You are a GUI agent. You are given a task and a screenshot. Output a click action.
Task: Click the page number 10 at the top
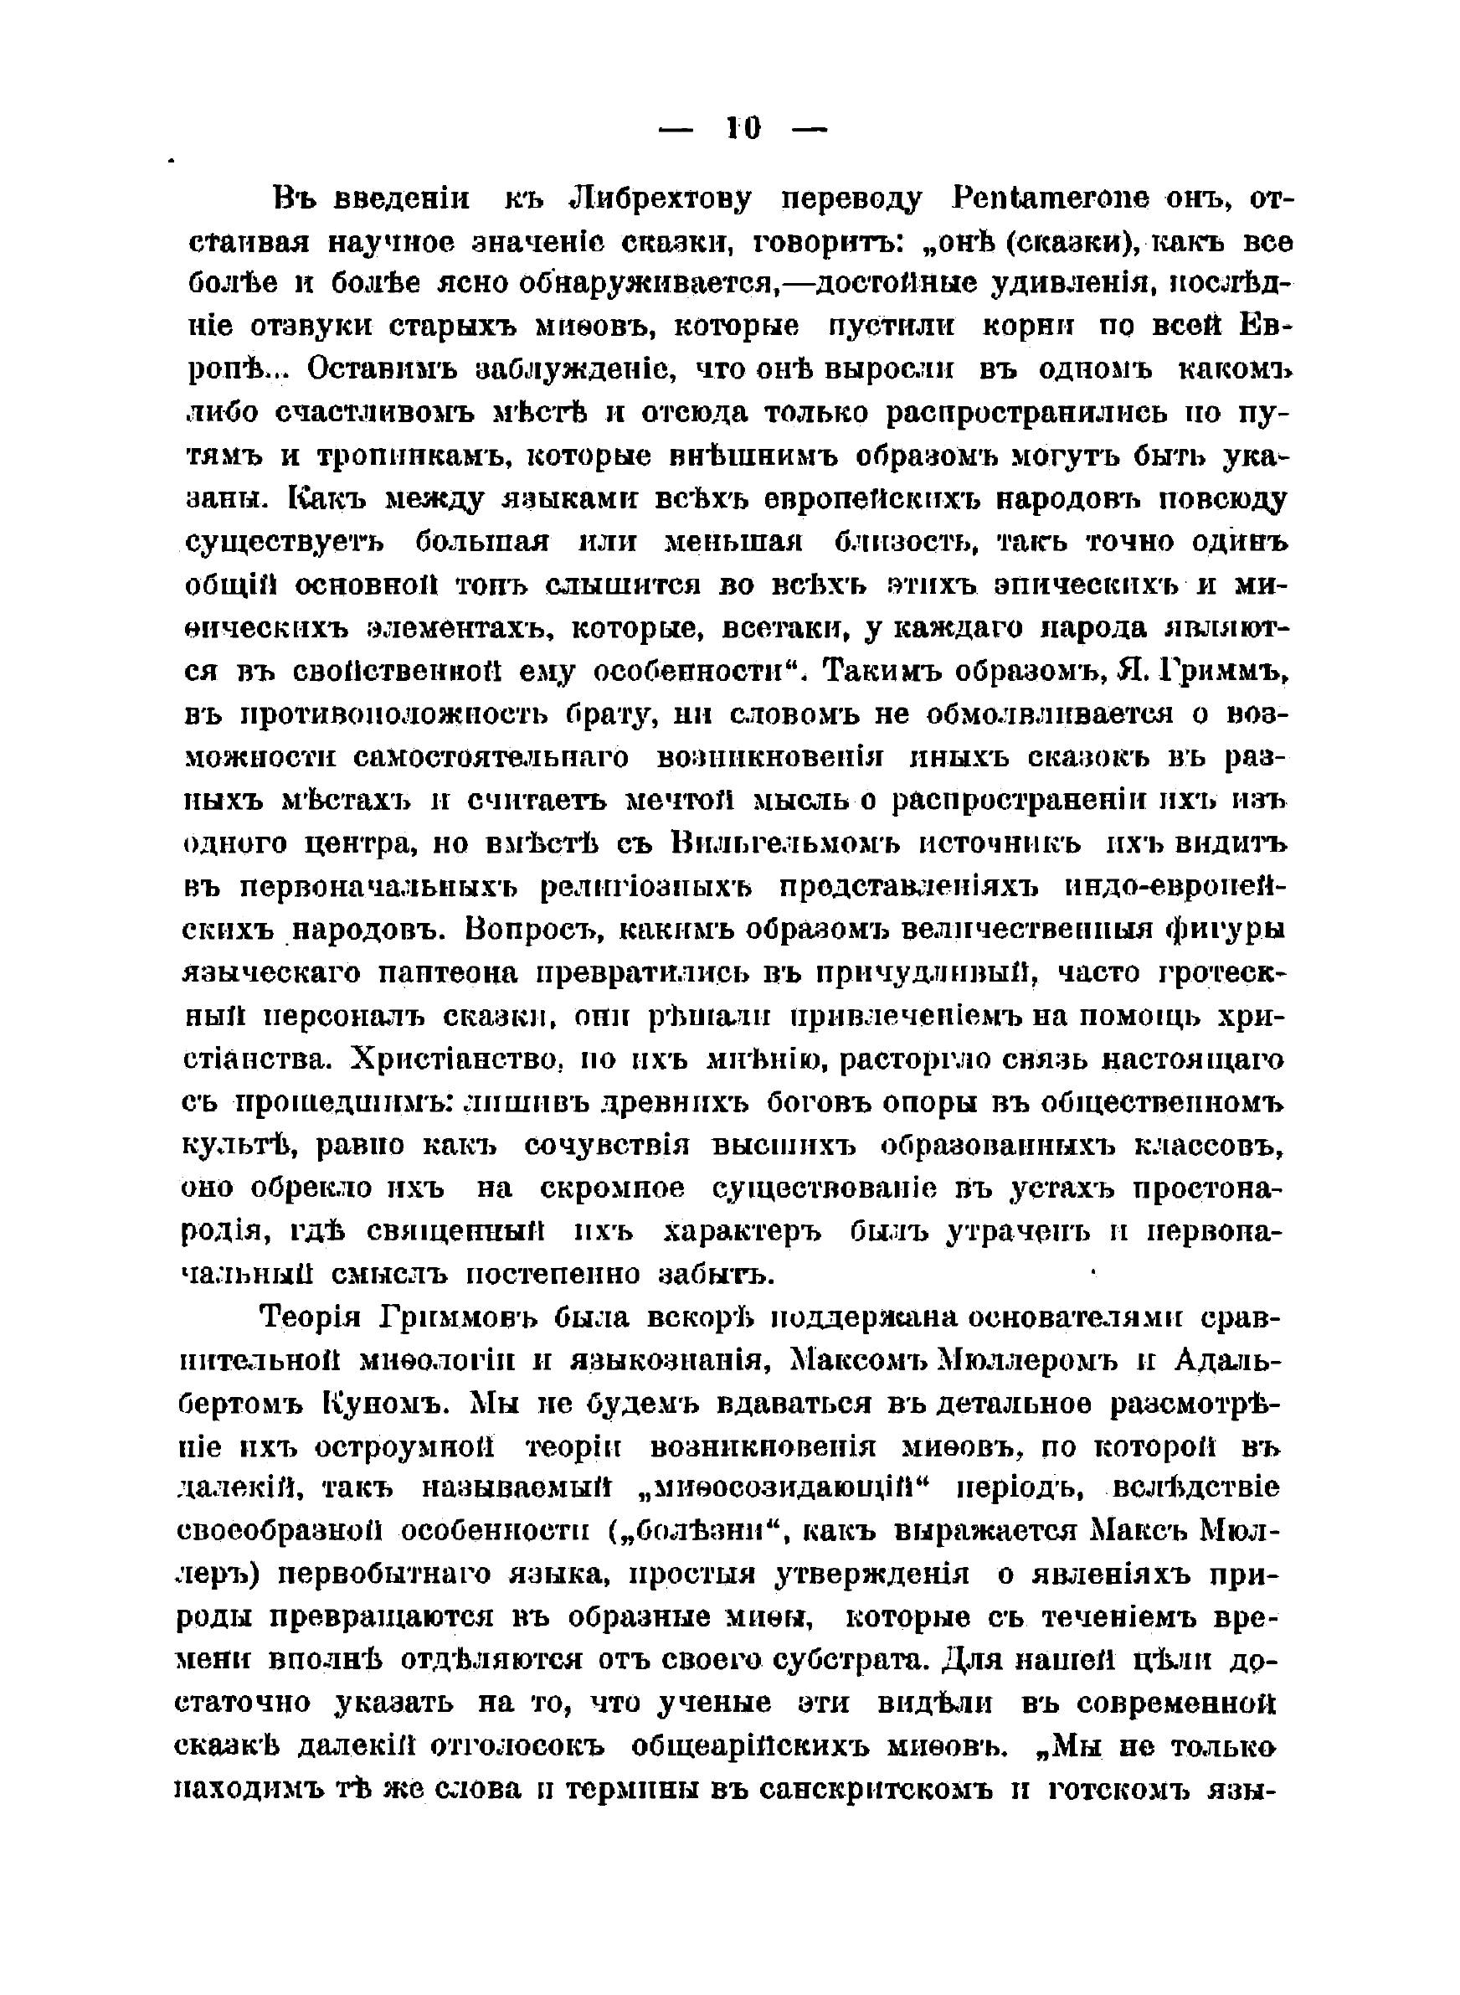click(x=742, y=129)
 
